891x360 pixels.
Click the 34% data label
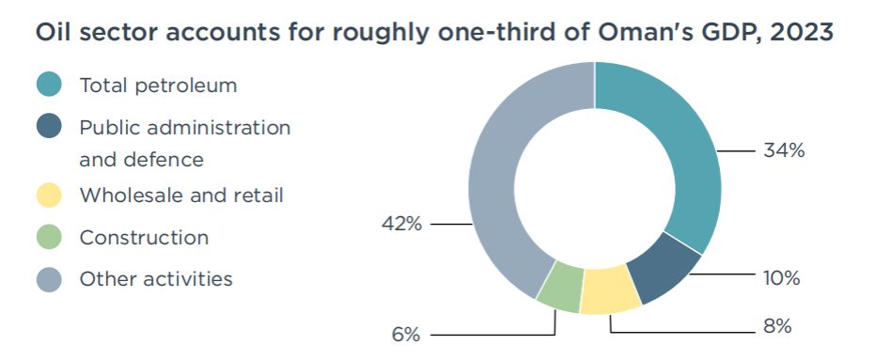(x=784, y=150)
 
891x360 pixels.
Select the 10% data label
(x=782, y=278)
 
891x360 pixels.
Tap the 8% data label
(x=777, y=326)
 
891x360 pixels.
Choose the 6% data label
(x=406, y=335)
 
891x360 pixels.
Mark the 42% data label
(x=401, y=224)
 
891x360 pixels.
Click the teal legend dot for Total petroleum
(x=49, y=85)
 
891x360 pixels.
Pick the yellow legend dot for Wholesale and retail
(x=49, y=196)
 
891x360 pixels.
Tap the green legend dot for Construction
(x=49, y=237)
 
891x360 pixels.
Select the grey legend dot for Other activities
(x=49, y=279)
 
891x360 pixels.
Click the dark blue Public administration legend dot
(x=49, y=126)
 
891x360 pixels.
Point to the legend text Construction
(x=145, y=237)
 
